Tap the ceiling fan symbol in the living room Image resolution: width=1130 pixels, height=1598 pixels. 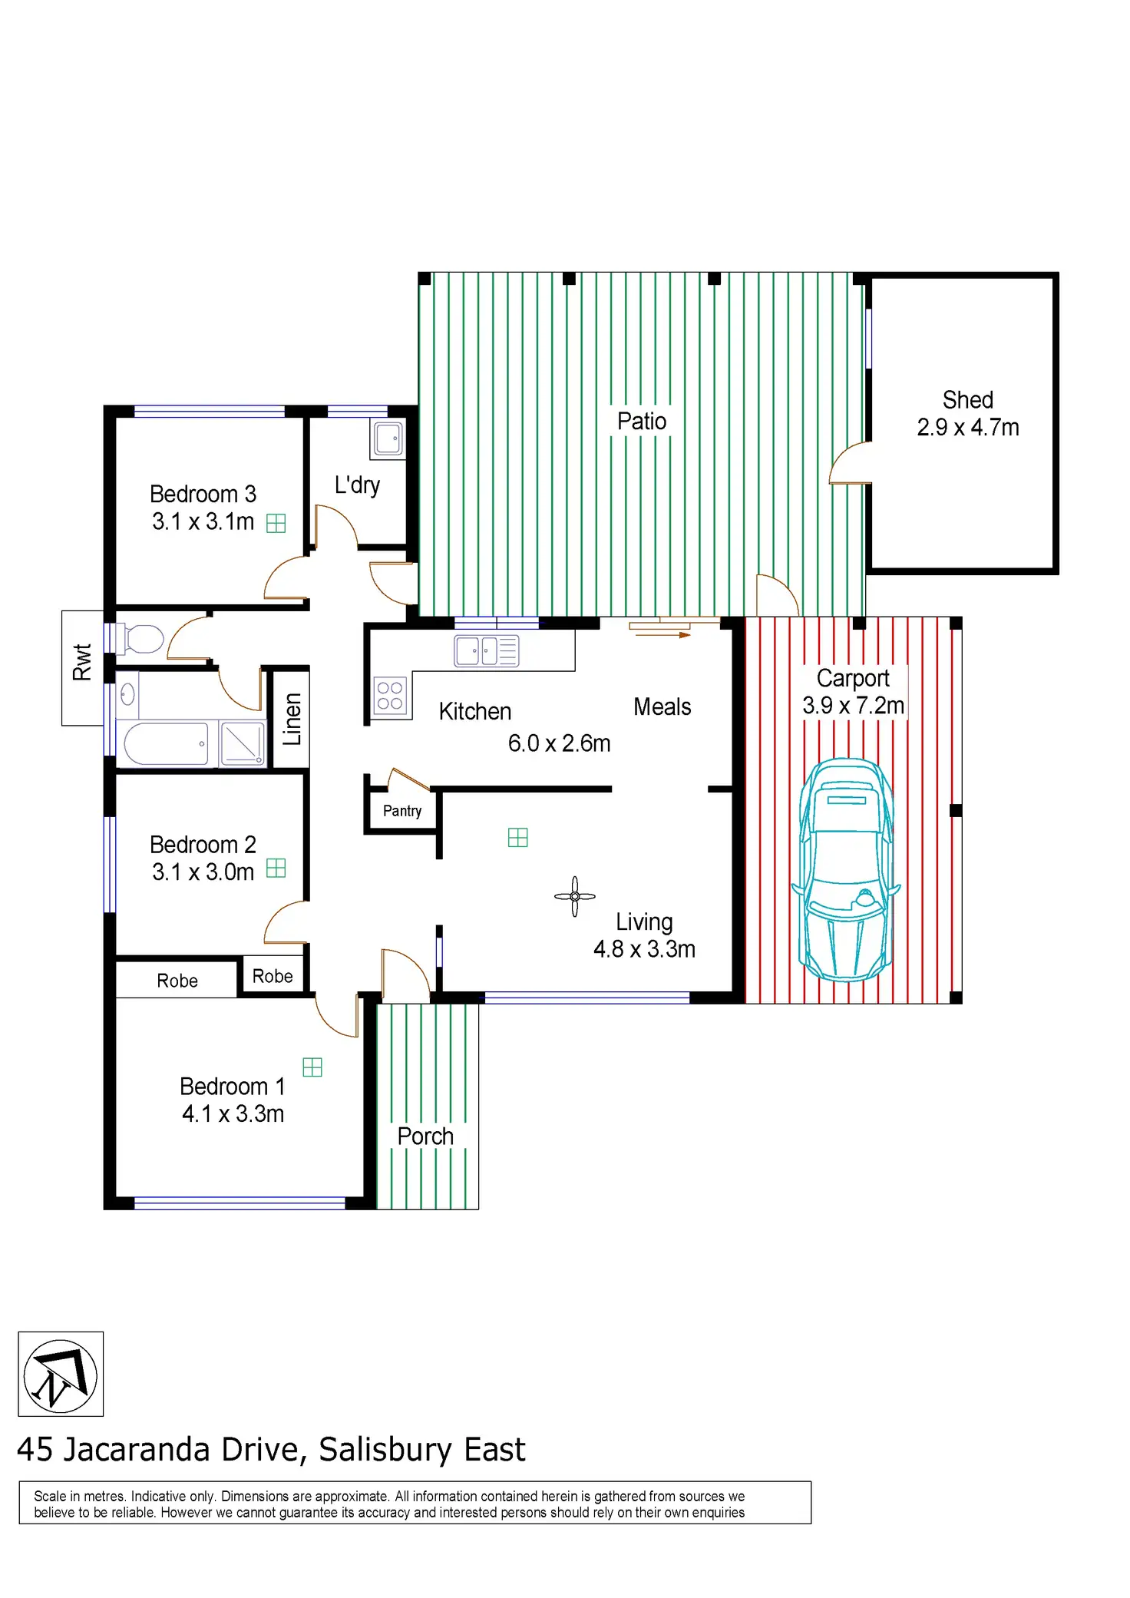pos(574,896)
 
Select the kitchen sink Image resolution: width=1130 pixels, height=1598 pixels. pos(487,651)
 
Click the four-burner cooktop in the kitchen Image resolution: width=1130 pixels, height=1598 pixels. pos(390,696)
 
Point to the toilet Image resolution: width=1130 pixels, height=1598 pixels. pos(144,639)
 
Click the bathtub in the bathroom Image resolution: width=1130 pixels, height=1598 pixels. pos(167,743)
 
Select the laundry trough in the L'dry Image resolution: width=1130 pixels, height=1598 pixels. pos(388,439)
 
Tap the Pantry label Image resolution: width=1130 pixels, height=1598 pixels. pos(402,811)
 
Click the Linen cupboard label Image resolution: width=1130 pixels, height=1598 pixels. pos(292,720)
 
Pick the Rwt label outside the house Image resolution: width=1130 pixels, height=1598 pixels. pos(82,662)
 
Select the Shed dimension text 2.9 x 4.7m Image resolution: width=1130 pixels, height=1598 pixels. pos(967,428)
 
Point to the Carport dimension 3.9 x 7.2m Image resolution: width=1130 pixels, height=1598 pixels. pos(853,706)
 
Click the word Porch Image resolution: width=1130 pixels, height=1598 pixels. pos(425,1136)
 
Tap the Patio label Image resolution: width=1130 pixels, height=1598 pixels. pos(642,421)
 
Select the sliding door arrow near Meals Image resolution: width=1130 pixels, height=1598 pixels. pos(660,630)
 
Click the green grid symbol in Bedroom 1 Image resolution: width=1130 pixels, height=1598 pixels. pos(312,1067)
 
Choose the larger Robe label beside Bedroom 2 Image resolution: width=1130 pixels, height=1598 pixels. pos(177,981)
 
